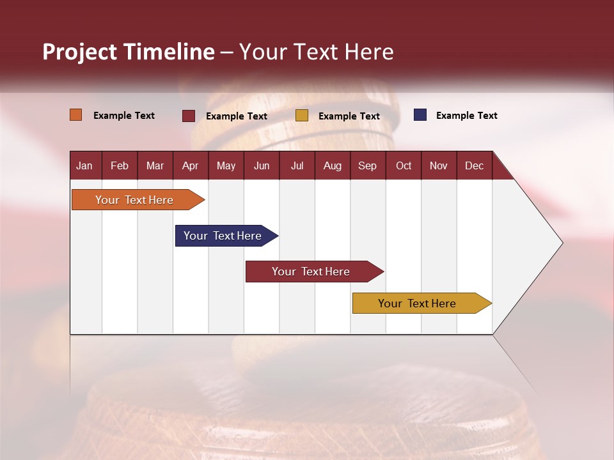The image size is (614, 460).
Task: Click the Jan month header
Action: [84, 165]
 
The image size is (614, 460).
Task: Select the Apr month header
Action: [190, 165]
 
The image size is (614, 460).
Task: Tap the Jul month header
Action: [297, 165]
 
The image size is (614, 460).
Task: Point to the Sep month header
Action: [367, 165]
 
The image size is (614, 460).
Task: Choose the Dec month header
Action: [474, 165]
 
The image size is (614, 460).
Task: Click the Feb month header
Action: [120, 165]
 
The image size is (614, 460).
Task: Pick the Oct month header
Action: [404, 165]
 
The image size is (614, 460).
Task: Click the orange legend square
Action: [76, 115]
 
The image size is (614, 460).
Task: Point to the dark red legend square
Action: [189, 116]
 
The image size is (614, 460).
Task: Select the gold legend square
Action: [302, 116]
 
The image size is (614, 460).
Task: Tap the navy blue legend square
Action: [420, 115]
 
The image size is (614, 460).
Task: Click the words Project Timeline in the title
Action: [129, 52]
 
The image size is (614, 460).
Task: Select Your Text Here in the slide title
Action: [317, 52]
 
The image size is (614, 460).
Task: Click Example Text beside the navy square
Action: [466, 116]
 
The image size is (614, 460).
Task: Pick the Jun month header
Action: [262, 165]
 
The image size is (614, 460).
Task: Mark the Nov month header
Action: [439, 165]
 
